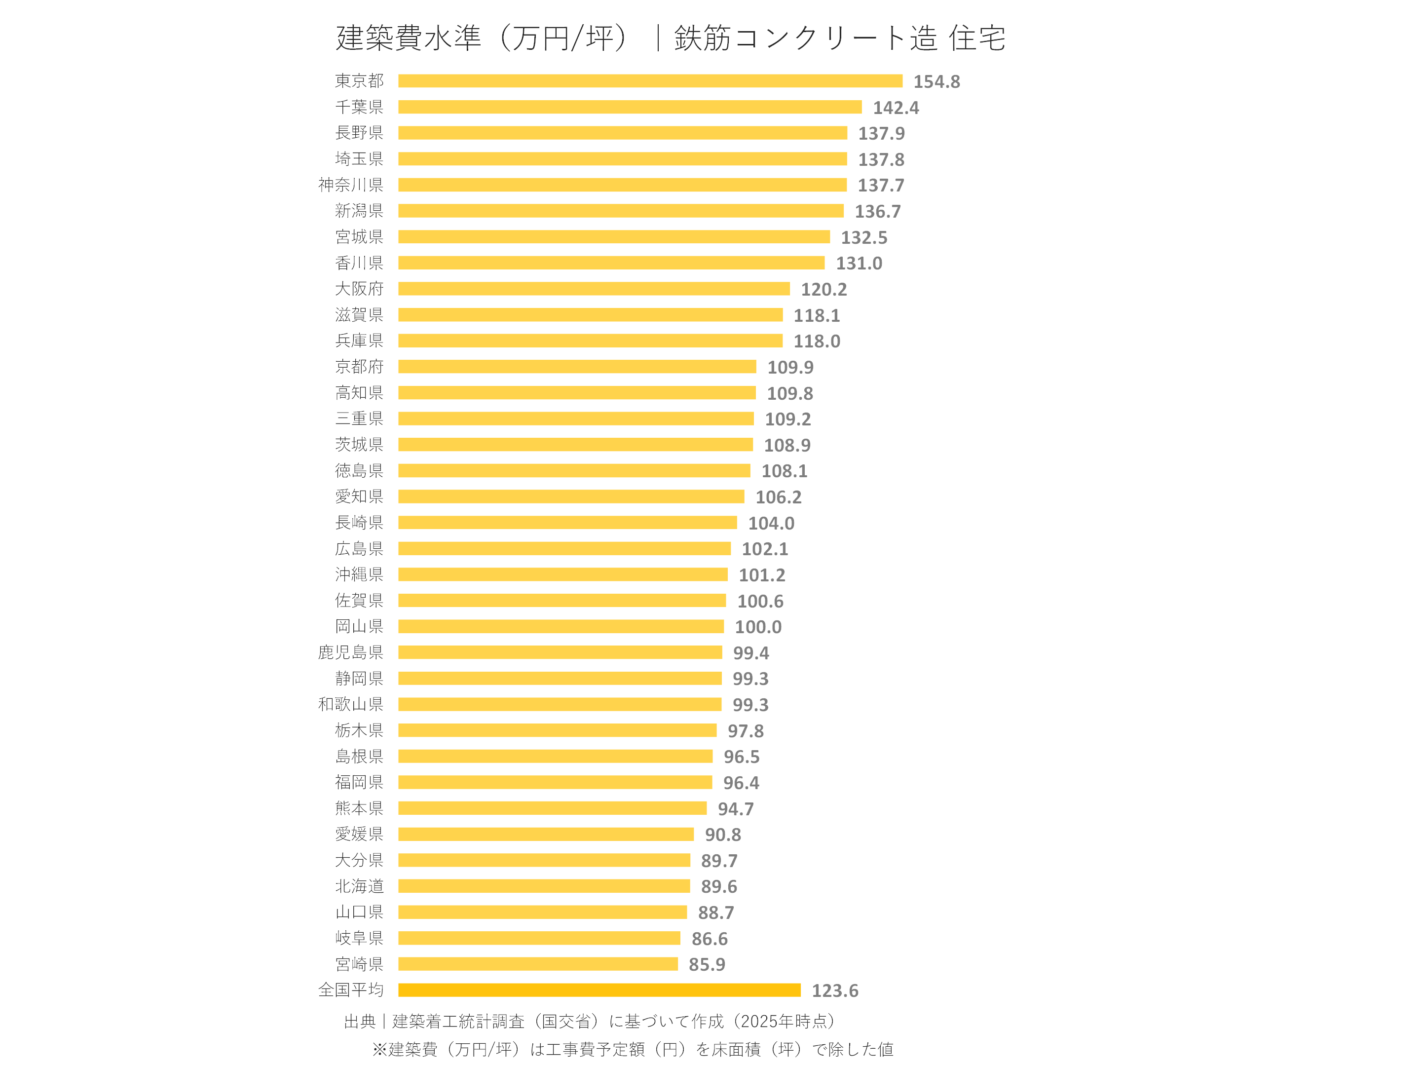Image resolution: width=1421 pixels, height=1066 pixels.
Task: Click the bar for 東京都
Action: [650, 81]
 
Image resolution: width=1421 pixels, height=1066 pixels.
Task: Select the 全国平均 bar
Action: [599, 990]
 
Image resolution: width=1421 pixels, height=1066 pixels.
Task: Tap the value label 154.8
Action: [936, 81]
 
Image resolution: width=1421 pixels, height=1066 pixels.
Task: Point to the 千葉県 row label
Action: [359, 107]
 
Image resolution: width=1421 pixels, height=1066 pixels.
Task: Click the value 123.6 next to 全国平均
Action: [834, 991]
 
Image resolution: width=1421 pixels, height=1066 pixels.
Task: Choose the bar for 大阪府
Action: [594, 289]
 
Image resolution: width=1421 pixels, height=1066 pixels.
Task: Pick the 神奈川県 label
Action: [351, 185]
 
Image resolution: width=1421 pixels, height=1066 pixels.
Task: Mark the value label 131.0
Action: [859, 264]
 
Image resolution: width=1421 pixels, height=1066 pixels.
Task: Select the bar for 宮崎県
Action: [538, 964]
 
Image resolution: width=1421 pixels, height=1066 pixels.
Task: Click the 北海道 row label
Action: [359, 886]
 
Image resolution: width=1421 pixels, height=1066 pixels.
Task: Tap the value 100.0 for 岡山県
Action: [758, 627]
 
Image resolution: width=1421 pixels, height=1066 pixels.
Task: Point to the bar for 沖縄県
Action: [563, 574]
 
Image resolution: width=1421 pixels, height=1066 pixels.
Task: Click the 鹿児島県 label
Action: [351, 652]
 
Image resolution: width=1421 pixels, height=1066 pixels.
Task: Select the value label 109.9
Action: [790, 368]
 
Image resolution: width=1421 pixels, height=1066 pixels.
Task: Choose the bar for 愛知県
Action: [571, 496]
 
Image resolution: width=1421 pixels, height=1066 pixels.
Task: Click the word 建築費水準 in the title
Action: [409, 38]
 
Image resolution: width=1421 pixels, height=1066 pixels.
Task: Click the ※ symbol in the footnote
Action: [379, 1049]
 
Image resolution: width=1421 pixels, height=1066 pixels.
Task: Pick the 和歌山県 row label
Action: [351, 704]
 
